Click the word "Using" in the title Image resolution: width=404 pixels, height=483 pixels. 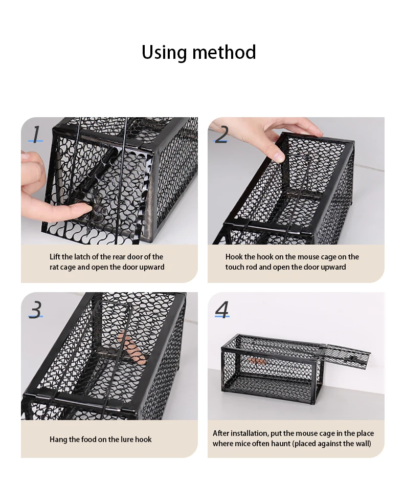tap(164, 53)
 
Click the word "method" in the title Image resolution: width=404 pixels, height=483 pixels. tap(224, 52)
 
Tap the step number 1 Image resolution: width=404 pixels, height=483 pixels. tap(36, 134)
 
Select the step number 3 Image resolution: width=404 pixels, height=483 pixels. tap(36, 309)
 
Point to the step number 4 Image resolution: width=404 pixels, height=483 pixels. tap(222, 309)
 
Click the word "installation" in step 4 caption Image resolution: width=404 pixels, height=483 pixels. tap(250, 433)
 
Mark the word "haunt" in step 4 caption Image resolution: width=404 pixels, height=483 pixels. tap(281, 444)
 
